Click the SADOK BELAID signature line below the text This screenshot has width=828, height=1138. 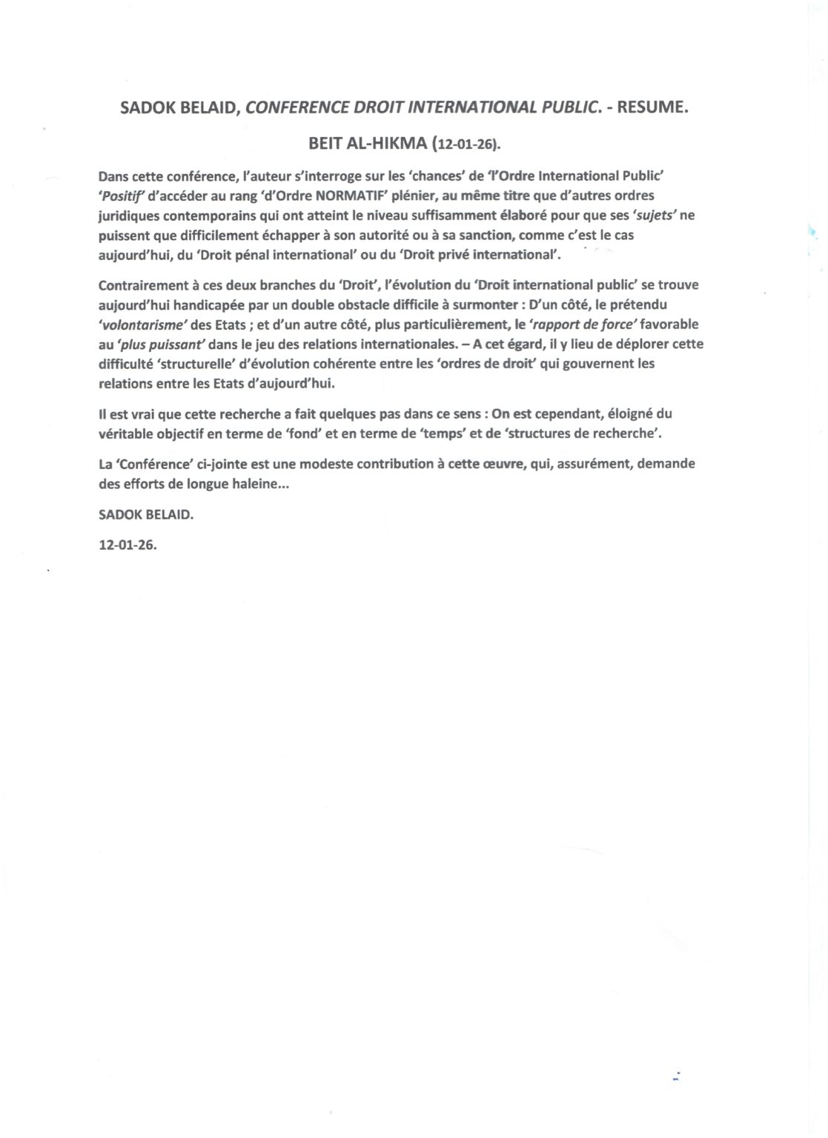click(x=145, y=514)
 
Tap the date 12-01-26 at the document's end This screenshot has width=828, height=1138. click(x=127, y=544)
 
